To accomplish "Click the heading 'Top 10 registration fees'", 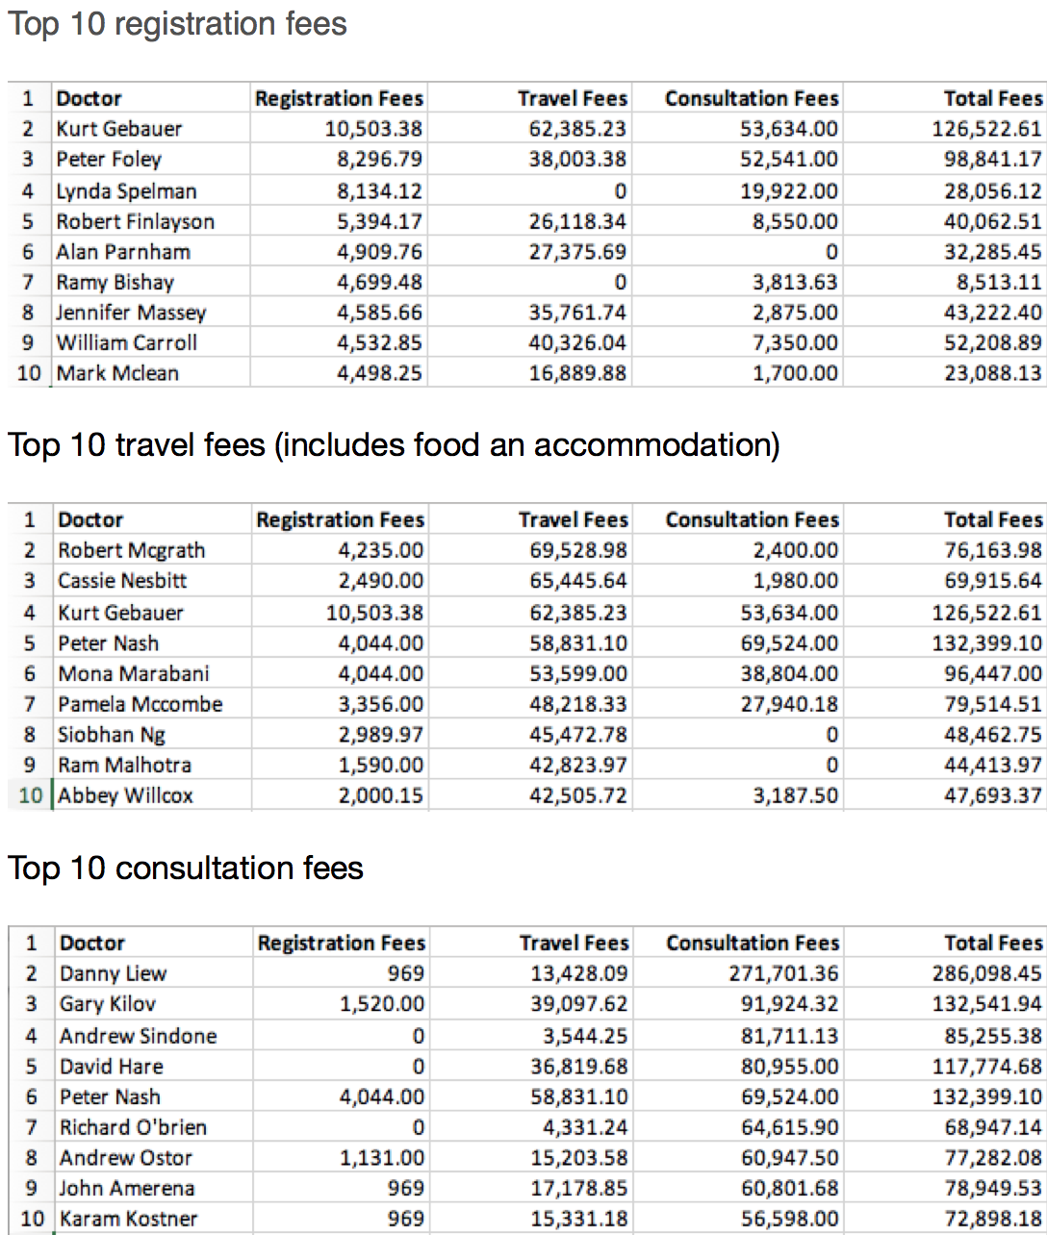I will coord(177,24).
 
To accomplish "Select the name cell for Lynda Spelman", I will coord(126,191).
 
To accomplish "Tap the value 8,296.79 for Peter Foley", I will coord(379,160).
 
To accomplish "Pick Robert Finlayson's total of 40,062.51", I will coord(992,222).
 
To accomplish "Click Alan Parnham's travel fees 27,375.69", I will coord(577,252).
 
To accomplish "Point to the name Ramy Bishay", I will coord(115,283).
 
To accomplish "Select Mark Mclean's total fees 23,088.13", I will coord(992,373).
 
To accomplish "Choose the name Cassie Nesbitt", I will coord(122,581).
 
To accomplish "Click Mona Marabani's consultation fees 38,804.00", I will coord(789,673).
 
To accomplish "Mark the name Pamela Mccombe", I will coord(140,704).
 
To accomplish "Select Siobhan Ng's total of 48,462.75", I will coord(992,735).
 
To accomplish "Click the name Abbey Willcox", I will coord(126,796).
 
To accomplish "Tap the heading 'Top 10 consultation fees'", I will coord(186,869).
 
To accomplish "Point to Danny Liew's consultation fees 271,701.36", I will coord(783,973).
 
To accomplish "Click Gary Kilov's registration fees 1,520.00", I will coord(382,1004).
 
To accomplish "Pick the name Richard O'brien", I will coord(133,1127).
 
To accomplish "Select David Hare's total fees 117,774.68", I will coord(987,1067).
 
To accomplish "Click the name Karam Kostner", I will coord(129,1220).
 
